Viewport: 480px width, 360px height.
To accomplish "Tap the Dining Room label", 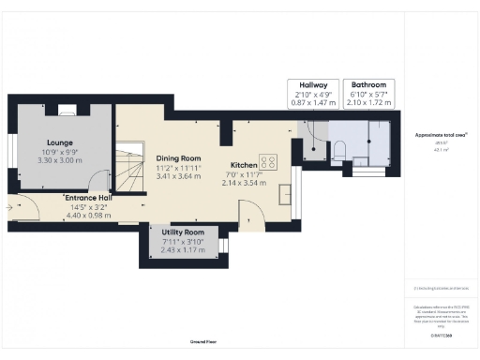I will click(178, 158).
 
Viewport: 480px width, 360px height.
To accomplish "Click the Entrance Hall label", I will click(88, 198).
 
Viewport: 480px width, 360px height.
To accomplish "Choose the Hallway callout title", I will click(312, 84).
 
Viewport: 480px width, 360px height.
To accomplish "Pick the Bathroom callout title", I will click(367, 84).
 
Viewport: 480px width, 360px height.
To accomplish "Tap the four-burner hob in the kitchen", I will click(268, 161).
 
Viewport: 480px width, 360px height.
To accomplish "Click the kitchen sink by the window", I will click(286, 194).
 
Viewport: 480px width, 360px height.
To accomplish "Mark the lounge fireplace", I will click(68, 112).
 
